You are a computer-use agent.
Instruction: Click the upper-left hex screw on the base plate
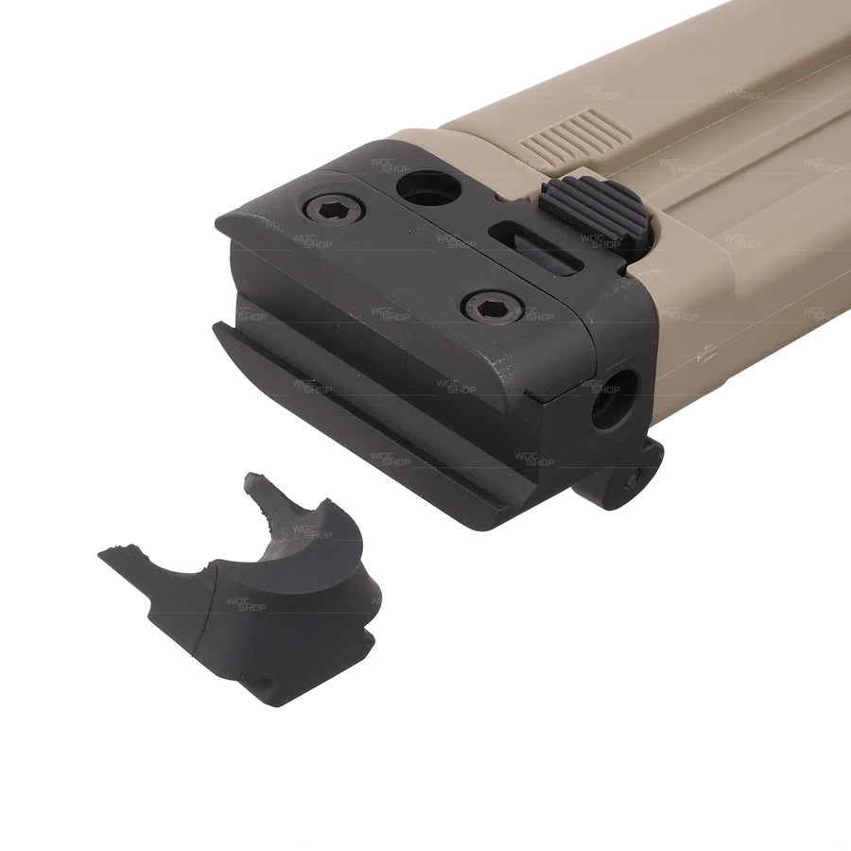(334, 209)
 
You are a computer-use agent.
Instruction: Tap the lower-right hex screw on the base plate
(494, 306)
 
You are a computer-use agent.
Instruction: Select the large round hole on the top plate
(428, 188)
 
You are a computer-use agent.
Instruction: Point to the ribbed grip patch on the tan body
(577, 134)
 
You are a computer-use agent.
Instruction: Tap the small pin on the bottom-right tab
(630, 482)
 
